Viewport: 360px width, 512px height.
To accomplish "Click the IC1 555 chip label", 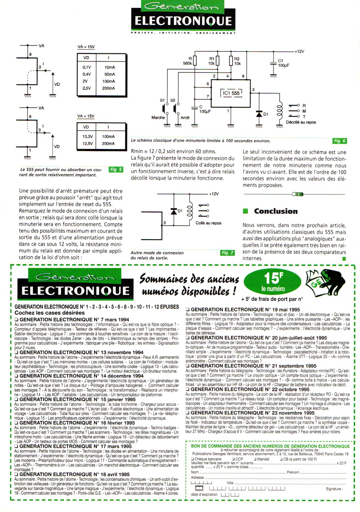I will point(231,93).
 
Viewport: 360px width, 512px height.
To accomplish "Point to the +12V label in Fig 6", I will point(299,51).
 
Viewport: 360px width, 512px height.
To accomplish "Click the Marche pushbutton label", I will point(158,118).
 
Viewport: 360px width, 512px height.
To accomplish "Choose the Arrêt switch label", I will point(185,118).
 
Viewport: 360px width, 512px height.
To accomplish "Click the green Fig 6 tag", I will point(340,141).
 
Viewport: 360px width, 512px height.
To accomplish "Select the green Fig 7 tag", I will point(227,253).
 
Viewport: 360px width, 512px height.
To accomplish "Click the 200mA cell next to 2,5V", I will point(109,88).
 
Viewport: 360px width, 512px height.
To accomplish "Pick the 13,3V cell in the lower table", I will point(88,137).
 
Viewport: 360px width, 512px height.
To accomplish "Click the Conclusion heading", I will point(276,211).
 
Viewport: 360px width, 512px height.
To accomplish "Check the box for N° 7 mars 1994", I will point(17,320).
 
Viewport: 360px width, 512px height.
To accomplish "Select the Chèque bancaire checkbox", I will point(192,459).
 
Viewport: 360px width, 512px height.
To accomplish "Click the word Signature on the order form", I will point(334,489).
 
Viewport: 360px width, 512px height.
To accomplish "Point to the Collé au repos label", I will point(208,223).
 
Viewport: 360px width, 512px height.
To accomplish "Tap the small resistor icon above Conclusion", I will point(298,194).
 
